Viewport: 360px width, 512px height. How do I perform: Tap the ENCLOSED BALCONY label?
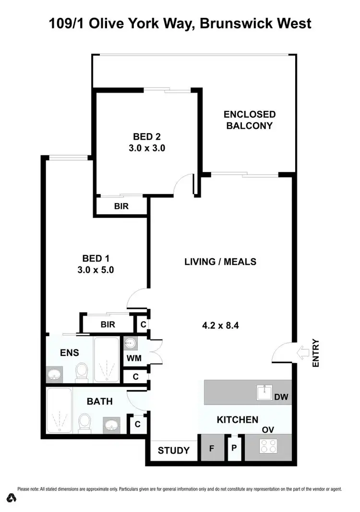tap(250, 120)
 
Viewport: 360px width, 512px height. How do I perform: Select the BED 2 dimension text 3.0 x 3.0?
tap(147, 148)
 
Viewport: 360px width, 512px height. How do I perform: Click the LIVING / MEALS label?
tap(220, 262)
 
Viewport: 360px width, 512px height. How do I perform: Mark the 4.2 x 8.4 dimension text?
tap(220, 325)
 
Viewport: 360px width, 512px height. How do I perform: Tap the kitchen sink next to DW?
tap(264, 392)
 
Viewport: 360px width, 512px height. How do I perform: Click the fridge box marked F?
tap(211, 450)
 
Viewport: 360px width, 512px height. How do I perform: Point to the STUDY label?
tap(174, 451)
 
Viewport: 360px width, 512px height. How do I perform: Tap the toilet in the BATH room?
tap(84, 424)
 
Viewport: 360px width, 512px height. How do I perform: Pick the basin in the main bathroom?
tap(113, 425)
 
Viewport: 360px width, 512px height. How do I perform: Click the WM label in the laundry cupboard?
tap(132, 358)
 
